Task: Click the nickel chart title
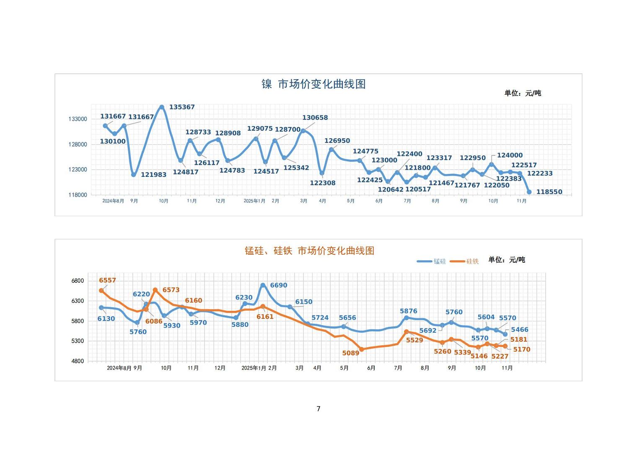pos(313,84)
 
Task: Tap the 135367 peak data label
pos(182,107)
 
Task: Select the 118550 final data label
pos(549,192)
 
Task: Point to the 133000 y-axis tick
pos(78,119)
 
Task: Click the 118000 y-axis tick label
pos(78,195)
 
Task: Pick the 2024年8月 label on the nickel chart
pos(113,201)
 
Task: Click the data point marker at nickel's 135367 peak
pos(162,107)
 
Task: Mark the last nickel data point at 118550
pos(529,192)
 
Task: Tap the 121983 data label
pos(153,175)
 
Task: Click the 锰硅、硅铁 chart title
pos(309,251)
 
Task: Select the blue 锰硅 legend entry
pos(432,261)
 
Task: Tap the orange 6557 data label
pos(107,280)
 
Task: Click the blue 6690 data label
pos(279,285)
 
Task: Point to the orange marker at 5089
pos(362,349)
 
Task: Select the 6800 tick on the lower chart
pos(78,281)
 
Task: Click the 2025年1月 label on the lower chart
pos(254,368)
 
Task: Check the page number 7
pos(318,409)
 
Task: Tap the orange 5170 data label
pos(522,349)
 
